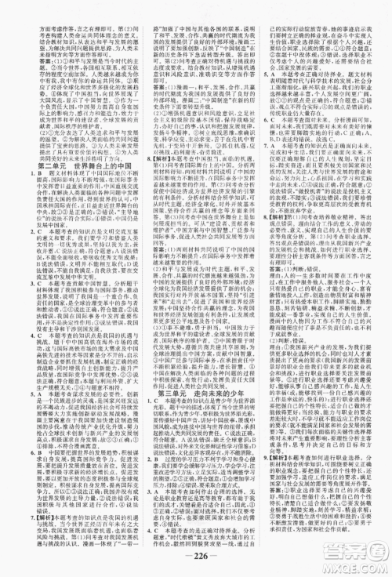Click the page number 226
[x=196, y=568]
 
